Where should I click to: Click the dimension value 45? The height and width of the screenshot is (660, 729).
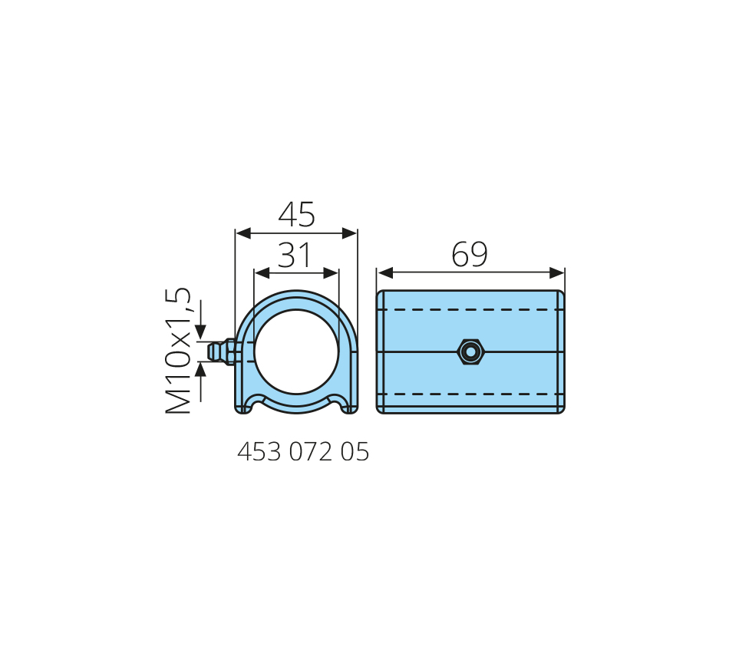[x=297, y=214]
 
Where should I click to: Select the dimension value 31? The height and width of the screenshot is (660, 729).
[x=294, y=255]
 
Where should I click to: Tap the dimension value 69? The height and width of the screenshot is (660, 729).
[x=470, y=255]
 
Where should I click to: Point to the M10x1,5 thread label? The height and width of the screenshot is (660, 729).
[x=178, y=351]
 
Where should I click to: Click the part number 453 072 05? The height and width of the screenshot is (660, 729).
[x=303, y=451]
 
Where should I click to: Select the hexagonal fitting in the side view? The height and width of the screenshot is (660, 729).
[x=470, y=352]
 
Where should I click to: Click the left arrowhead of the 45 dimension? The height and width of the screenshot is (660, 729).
[x=243, y=233]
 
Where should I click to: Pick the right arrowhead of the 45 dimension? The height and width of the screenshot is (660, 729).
[x=349, y=233]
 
